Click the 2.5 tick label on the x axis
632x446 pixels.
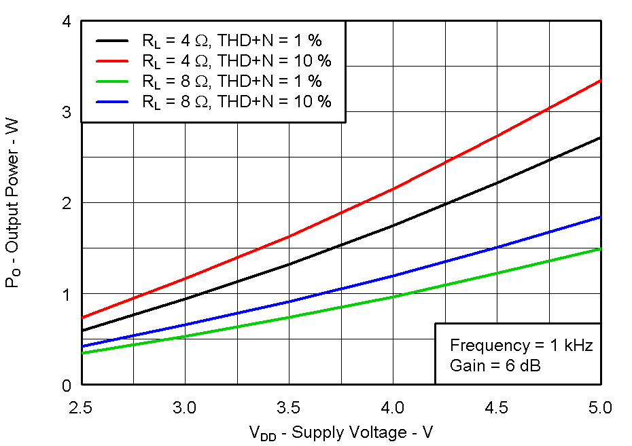(81, 407)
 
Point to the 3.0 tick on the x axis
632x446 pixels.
(185, 407)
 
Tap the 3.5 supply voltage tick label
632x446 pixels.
(289, 407)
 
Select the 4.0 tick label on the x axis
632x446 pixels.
(393, 407)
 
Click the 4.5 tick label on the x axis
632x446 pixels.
(497, 407)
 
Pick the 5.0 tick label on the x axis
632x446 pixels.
(600, 407)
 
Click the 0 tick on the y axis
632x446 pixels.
(67, 385)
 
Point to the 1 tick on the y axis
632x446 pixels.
(67, 294)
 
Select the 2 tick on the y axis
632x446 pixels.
(67, 203)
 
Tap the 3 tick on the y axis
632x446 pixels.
(67, 112)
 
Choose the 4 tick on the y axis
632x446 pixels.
(67, 22)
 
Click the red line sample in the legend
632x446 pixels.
(111, 60)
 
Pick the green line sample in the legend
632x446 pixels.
(111, 81)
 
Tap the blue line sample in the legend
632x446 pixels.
(111, 102)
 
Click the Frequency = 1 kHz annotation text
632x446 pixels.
(521, 346)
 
